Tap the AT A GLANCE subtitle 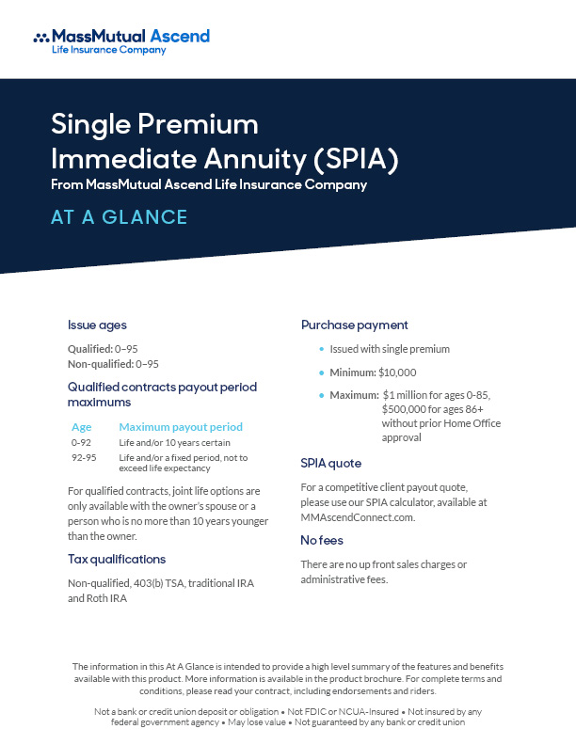click(120, 217)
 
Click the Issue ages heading click(96, 325)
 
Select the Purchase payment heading click(355, 325)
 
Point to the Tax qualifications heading click(117, 559)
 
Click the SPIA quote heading click(330, 464)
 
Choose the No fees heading click(322, 540)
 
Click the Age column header click(82, 426)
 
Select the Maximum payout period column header click(181, 426)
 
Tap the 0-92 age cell click(81, 442)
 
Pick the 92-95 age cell click(83, 457)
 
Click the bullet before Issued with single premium click(321, 349)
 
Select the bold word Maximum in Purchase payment click(354, 395)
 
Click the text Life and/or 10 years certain click(174, 442)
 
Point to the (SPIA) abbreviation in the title click(352, 157)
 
